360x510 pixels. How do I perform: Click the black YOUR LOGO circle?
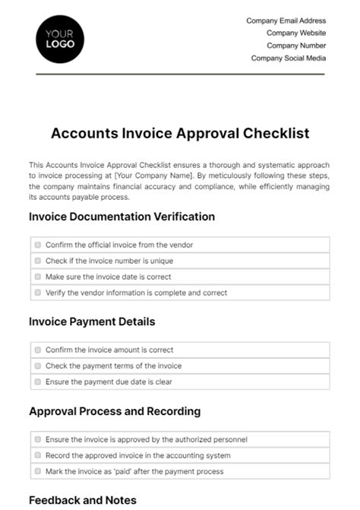[60, 40]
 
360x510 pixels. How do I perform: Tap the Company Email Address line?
[286, 21]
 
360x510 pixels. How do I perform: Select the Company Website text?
[295, 33]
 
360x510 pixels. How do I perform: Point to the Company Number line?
[295, 46]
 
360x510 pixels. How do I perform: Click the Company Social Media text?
[288, 58]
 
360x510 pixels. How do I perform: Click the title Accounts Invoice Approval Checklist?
[180, 133]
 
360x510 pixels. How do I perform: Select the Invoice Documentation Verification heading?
[122, 217]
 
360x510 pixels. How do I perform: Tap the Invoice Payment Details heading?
[92, 322]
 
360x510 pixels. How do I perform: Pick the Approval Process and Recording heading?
[115, 411]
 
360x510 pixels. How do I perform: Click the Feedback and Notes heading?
[83, 500]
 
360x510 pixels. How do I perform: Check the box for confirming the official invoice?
[38, 245]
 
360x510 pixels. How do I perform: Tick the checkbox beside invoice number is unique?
[38, 261]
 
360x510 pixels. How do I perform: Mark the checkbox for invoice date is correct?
[38, 277]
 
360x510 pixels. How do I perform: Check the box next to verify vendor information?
[38, 293]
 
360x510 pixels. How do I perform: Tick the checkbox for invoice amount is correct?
[38, 350]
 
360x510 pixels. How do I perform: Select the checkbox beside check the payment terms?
[38, 366]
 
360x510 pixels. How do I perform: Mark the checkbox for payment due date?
[38, 382]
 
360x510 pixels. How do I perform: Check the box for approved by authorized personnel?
[38, 439]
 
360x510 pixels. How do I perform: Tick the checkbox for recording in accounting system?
[38, 455]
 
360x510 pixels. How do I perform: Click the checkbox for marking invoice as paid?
[38, 471]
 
